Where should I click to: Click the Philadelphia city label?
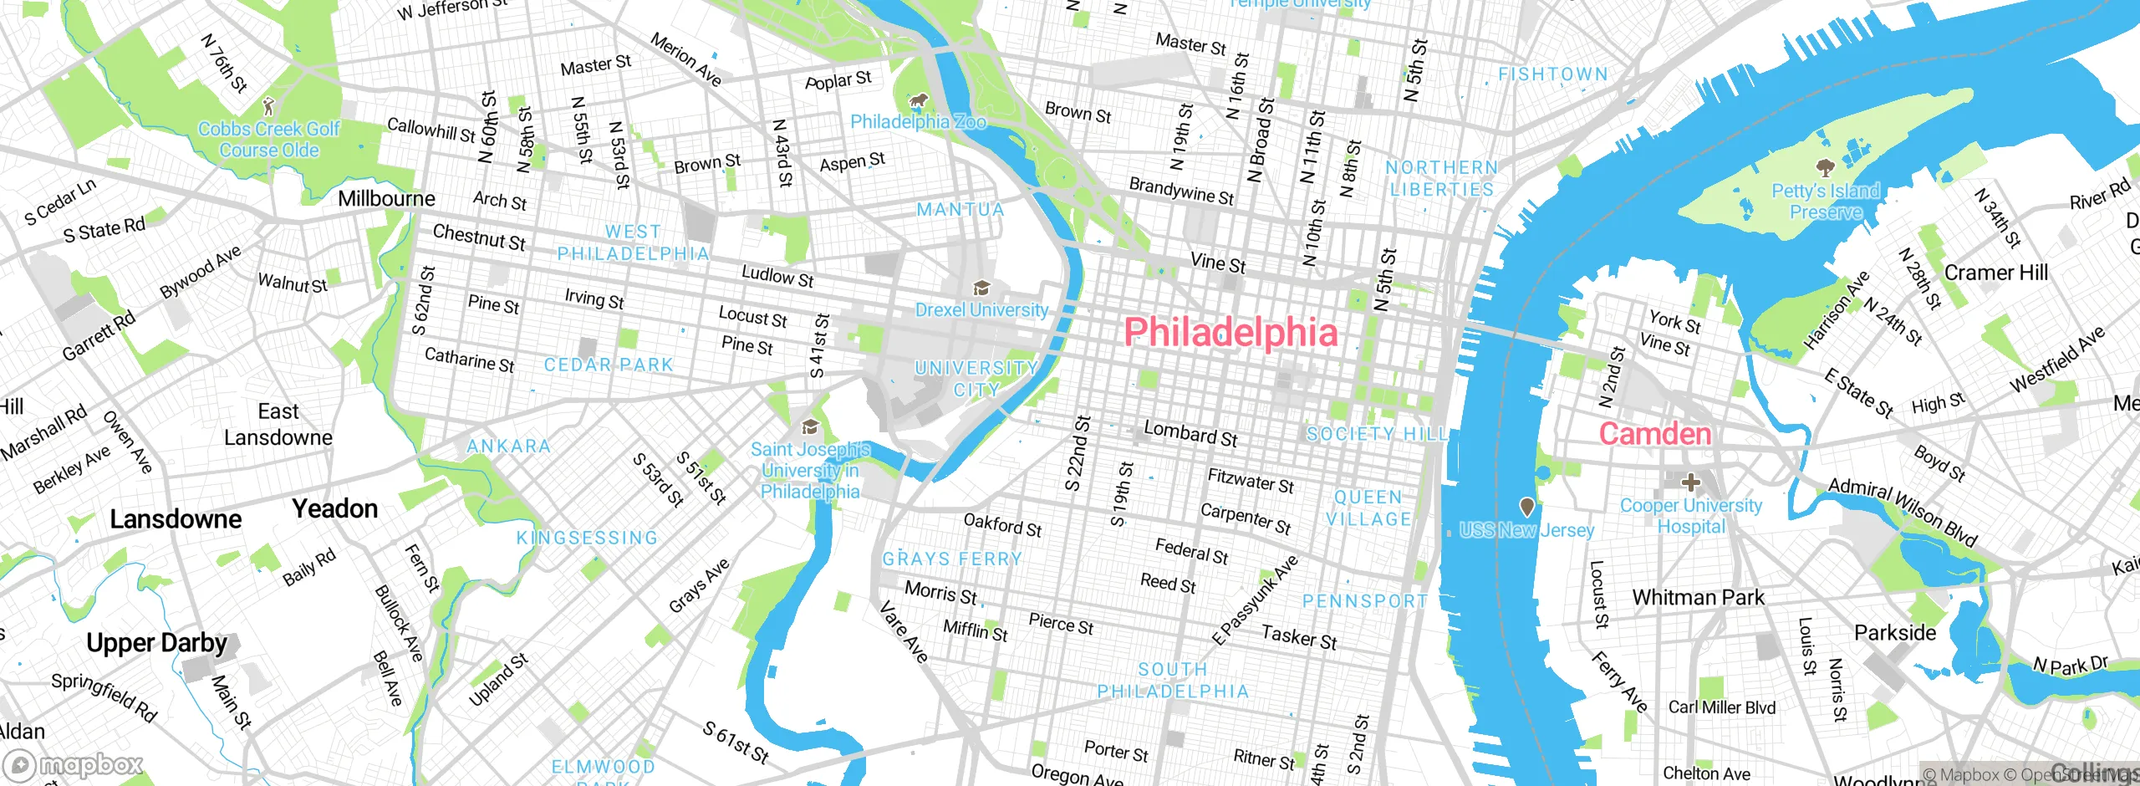(x=1230, y=332)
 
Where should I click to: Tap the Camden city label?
(x=1654, y=434)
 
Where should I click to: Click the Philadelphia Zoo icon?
(x=919, y=101)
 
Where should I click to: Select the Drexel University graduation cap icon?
(x=981, y=288)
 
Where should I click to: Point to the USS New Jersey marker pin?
(x=1526, y=507)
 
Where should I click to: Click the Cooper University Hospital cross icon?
(x=1690, y=482)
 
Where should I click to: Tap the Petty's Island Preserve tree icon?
(x=1825, y=168)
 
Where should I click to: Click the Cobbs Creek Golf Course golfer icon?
(x=267, y=106)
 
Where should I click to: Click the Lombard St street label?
(x=1190, y=434)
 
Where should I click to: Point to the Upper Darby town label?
(x=156, y=643)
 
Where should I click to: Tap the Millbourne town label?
(x=386, y=199)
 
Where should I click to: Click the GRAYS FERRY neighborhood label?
(x=952, y=559)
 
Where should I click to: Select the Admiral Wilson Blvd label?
(x=1903, y=512)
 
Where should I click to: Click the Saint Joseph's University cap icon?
(x=809, y=428)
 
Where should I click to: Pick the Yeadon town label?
(x=334, y=508)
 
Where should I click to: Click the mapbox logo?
(x=74, y=765)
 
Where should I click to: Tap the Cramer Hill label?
(x=1995, y=273)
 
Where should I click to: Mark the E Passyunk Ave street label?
(x=1256, y=600)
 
